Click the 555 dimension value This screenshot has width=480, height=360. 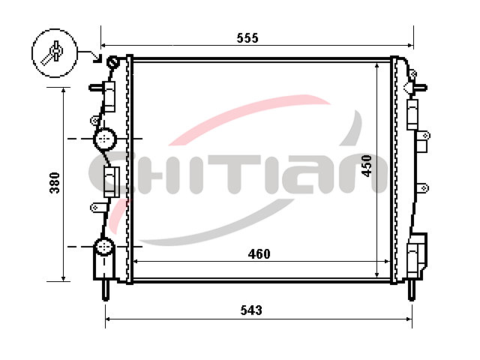pyautogui.click(x=247, y=38)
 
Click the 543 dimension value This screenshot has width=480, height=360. pyautogui.click(x=251, y=310)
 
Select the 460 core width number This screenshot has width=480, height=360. pyautogui.click(x=259, y=254)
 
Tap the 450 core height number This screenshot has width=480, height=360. pyautogui.click(x=367, y=166)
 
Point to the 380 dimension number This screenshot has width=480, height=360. pyautogui.click(x=55, y=183)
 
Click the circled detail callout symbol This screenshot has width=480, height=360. pyautogui.click(x=55, y=53)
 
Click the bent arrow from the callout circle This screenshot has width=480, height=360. pyautogui.click(x=90, y=55)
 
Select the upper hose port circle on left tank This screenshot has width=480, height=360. pyautogui.click(x=105, y=139)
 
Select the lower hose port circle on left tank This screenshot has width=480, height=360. pyautogui.click(x=104, y=247)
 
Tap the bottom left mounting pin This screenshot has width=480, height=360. pyautogui.click(x=105, y=289)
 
